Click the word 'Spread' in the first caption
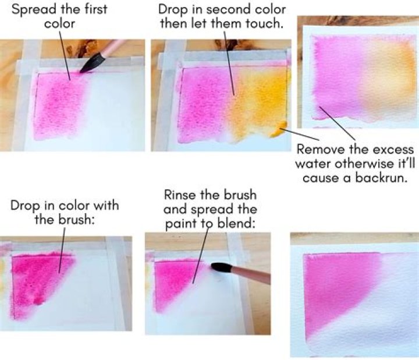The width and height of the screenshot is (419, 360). pos(31,10)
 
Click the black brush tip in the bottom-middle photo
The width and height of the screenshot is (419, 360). pos(221,268)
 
